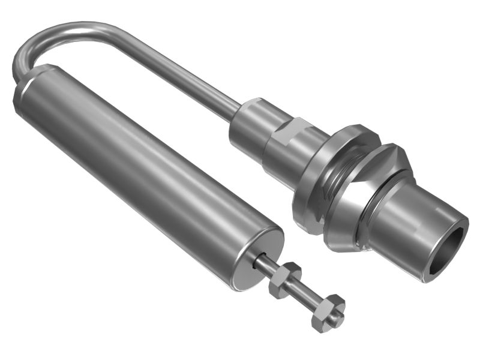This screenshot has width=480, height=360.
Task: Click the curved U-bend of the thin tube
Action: pos(36,42)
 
